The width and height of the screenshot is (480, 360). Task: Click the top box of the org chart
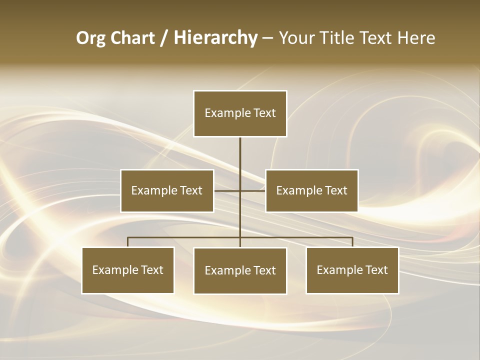pyautogui.click(x=240, y=113)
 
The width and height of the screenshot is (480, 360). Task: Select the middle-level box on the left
pyautogui.click(x=167, y=190)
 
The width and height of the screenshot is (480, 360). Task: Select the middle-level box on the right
pyautogui.click(x=311, y=190)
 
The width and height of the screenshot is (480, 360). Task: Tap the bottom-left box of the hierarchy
pyautogui.click(x=128, y=270)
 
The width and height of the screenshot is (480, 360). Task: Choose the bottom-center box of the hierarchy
pyautogui.click(x=240, y=271)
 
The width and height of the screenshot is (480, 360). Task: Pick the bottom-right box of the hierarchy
pyautogui.click(x=352, y=270)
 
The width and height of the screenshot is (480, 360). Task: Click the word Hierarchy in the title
pyautogui.click(x=215, y=38)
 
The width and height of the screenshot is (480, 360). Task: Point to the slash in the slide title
pyautogui.click(x=164, y=38)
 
